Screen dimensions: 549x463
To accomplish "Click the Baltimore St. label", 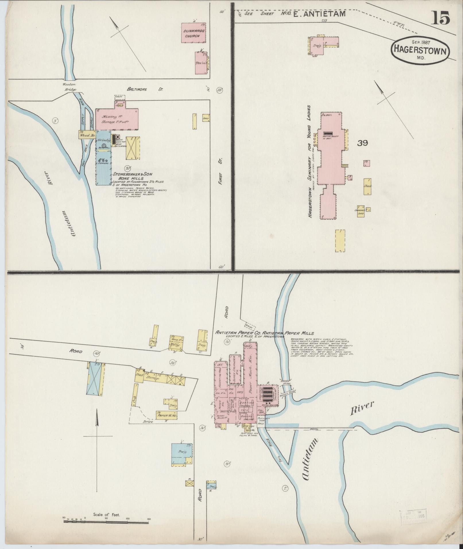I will [145, 90].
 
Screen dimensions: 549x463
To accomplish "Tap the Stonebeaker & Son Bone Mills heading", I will [132, 176].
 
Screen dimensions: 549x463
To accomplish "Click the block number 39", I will [362, 143].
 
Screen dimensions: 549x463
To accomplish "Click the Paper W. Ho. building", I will [166, 415].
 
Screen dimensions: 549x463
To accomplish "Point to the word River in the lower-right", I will [362, 408].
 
